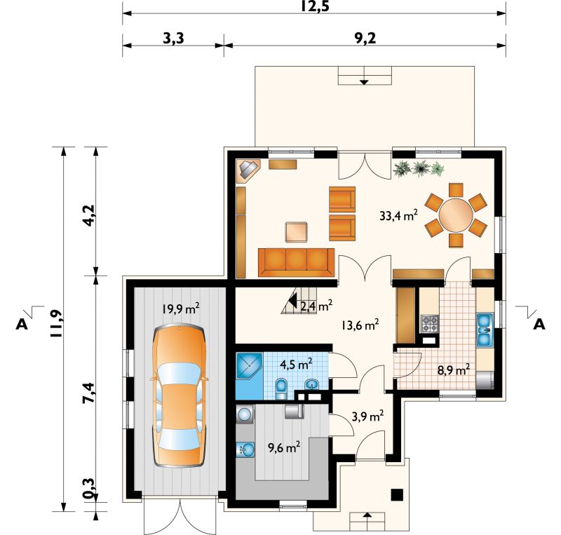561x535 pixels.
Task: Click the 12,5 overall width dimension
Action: (314, 6)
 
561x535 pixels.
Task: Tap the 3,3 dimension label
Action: (173, 38)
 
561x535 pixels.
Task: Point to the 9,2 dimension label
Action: (365, 38)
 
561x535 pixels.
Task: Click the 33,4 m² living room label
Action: (398, 215)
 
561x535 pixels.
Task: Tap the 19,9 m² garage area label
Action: (181, 308)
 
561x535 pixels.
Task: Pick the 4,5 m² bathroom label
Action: (296, 365)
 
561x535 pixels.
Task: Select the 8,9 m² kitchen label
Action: (454, 370)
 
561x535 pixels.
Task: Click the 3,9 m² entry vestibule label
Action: (367, 417)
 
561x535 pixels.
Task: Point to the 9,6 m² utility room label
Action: (284, 447)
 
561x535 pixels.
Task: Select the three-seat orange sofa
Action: (296, 262)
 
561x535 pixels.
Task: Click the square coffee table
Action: (297, 232)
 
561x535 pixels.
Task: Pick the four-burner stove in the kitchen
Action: (430, 324)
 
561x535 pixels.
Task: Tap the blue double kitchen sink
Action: (485, 330)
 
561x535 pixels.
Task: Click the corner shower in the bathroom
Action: (250, 366)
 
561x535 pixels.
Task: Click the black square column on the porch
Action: (397, 495)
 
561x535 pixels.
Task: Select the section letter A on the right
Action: (539, 324)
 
